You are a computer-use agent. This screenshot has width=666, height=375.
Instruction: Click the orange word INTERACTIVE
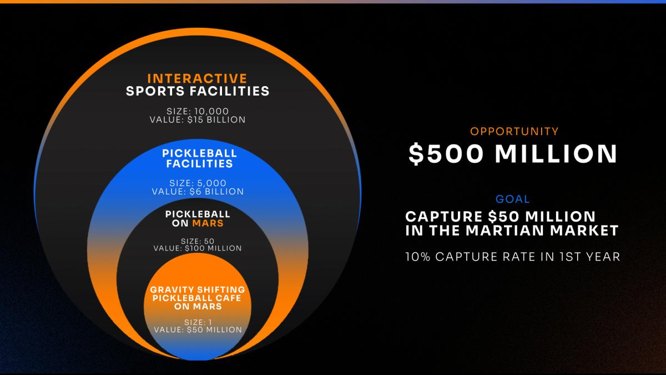197,78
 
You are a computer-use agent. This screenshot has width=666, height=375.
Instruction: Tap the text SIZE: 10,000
198,111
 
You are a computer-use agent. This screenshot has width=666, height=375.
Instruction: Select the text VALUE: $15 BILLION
198,119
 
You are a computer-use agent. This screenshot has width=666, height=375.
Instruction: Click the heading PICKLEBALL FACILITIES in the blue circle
199,158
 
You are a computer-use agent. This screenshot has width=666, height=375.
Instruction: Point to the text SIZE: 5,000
198,183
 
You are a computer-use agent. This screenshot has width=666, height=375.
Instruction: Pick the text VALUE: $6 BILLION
198,191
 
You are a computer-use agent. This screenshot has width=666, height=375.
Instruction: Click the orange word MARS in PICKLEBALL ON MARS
208,223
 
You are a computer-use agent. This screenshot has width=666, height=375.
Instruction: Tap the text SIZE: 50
198,241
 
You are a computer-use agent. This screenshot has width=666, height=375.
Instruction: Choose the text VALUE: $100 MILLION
198,248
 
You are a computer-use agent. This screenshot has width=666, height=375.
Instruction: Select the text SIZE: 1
198,322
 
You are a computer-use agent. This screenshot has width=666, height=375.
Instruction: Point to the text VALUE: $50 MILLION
198,330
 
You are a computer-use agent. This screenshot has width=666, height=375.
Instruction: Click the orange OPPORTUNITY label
514,132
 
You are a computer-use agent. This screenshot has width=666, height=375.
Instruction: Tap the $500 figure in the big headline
446,154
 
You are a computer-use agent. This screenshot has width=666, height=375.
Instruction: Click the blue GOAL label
513,199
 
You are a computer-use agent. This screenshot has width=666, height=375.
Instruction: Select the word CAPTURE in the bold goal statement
443,216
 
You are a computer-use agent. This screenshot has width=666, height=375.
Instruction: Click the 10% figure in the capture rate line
418,257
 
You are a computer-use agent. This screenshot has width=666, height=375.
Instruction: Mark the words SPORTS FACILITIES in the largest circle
198,91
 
